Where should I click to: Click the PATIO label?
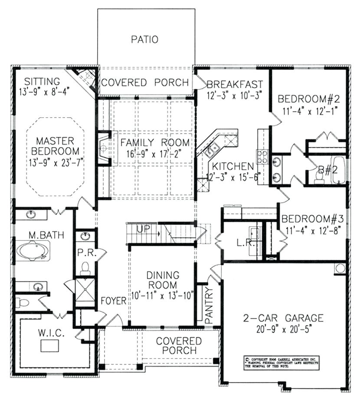(x=144, y=40)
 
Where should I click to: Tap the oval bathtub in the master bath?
(x=33, y=251)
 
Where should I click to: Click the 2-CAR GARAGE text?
(x=284, y=318)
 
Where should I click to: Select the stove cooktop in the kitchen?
(x=262, y=156)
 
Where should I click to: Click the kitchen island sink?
(x=212, y=148)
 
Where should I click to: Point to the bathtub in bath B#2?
(x=338, y=170)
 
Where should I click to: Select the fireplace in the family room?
(x=104, y=148)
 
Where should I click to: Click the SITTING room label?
(x=42, y=81)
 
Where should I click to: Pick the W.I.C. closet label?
(x=51, y=333)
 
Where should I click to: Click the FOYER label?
(x=114, y=301)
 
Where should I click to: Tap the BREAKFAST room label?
(x=234, y=84)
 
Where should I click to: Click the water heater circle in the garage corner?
(x=340, y=268)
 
